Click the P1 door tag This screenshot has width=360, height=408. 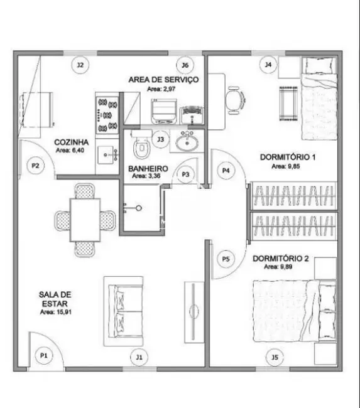44,355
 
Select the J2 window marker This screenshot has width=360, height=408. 80,65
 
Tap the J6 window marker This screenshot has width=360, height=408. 185,65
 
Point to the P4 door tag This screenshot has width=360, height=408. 226,171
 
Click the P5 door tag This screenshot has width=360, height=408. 226,259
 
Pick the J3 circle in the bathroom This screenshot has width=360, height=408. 161,139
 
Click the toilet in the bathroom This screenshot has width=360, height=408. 141,145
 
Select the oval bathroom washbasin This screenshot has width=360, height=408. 187,142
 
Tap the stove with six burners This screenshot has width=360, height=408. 107,115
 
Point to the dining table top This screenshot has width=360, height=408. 85,220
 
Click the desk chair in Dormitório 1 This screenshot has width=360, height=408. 235,100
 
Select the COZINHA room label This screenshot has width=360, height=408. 72,142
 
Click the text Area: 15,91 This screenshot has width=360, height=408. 56,312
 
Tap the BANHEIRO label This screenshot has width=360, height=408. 148,169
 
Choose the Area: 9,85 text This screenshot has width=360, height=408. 286,166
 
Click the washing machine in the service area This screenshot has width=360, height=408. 164,111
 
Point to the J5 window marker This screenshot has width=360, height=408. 275,357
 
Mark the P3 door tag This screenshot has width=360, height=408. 185,174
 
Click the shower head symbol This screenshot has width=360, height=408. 139,208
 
